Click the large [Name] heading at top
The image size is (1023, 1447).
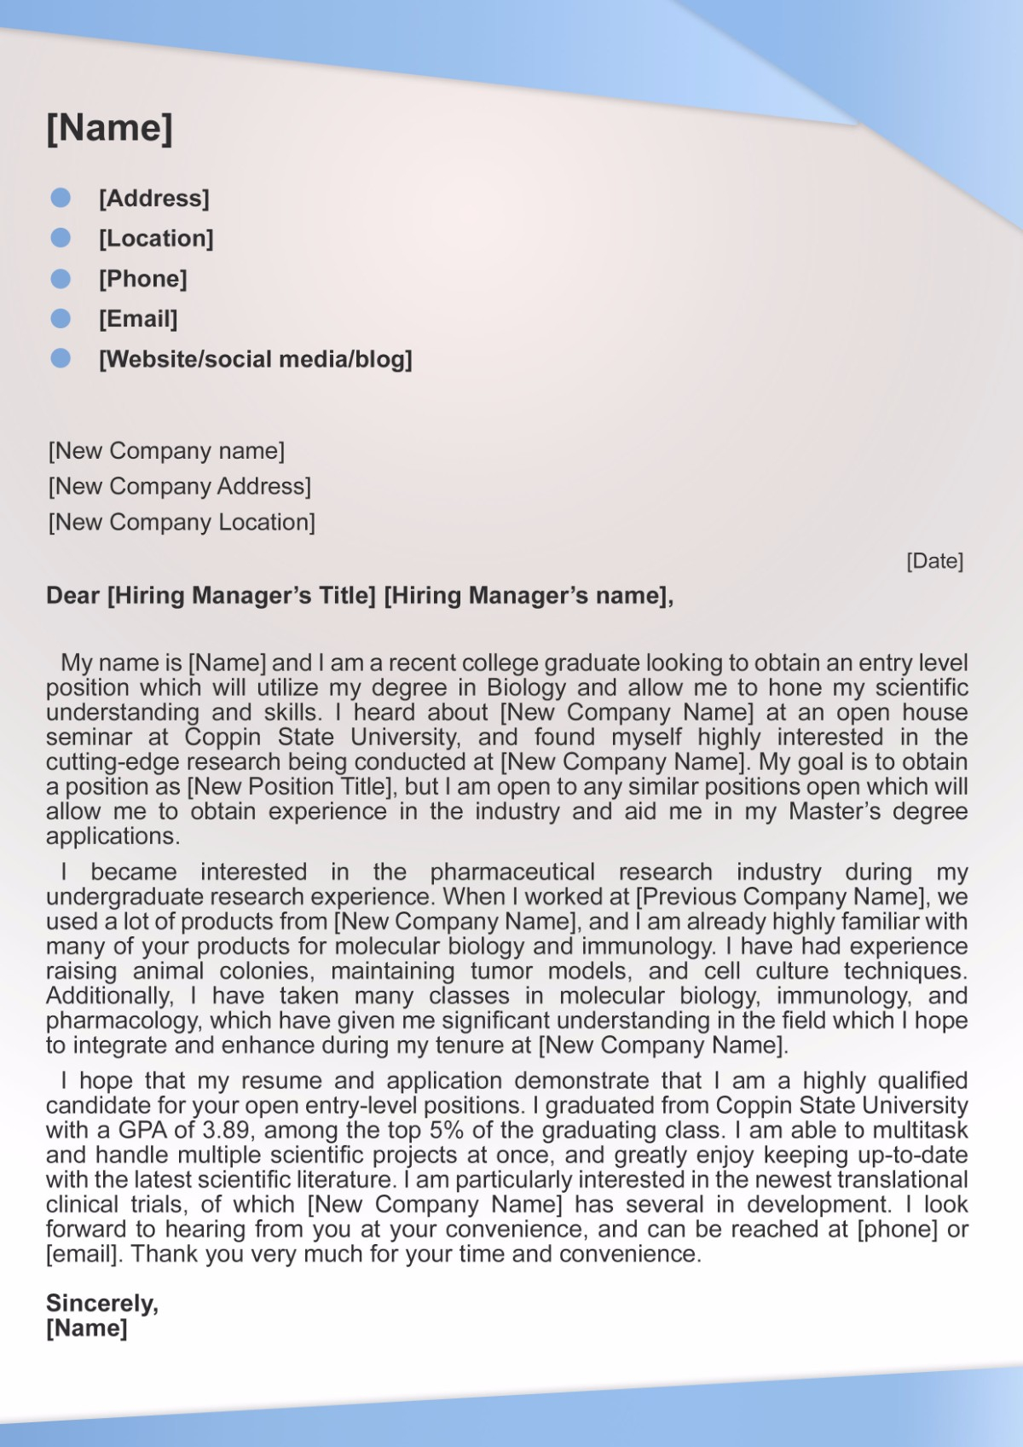pyautogui.click(x=109, y=128)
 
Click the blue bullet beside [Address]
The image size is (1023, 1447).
pyautogui.click(x=61, y=198)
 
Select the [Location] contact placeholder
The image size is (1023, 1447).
pyautogui.click(x=156, y=238)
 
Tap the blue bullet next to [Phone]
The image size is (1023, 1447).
pyautogui.click(x=61, y=279)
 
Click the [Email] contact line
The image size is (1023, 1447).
pyautogui.click(x=138, y=319)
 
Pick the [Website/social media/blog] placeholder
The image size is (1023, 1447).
pyautogui.click(x=255, y=359)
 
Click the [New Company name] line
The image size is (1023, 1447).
pyautogui.click(x=166, y=450)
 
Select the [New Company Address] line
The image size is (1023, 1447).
pyautogui.click(x=179, y=486)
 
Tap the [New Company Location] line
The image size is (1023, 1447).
pyautogui.click(x=182, y=522)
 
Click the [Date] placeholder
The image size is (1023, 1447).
pyautogui.click(x=934, y=561)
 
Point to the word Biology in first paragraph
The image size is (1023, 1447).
pyautogui.click(x=526, y=687)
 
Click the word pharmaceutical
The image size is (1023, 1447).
pyautogui.click(x=512, y=871)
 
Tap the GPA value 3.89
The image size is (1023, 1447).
pyautogui.click(x=226, y=1131)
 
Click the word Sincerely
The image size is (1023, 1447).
pyautogui.click(x=101, y=1303)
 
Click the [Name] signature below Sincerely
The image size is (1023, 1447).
pyautogui.click(x=87, y=1328)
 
